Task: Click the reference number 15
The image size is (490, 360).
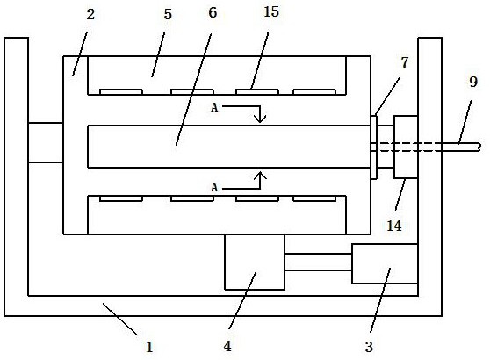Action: pyautogui.click(x=271, y=12)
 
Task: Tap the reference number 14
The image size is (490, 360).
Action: pyautogui.click(x=394, y=226)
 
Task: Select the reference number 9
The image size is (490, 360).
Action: pyautogui.click(x=473, y=82)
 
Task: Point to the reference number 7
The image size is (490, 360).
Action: pyautogui.click(x=405, y=62)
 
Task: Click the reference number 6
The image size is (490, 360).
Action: pyautogui.click(x=213, y=12)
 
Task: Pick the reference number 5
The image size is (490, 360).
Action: pyautogui.click(x=168, y=14)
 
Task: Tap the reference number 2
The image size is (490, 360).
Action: pyautogui.click(x=90, y=14)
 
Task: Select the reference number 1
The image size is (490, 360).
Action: pyautogui.click(x=149, y=347)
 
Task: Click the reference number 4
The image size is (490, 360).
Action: pyautogui.click(x=227, y=346)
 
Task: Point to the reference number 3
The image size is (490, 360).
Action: pyautogui.click(x=369, y=347)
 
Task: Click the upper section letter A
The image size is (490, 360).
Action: pyautogui.click(x=214, y=107)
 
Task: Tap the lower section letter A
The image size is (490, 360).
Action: pyautogui.click(x=214, y=188)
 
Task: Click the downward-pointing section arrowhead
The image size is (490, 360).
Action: pyautogui.click(x=260, y=119)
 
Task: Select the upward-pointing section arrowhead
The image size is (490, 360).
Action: pyautogui.click(x=260, y=176)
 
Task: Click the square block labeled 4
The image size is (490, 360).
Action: pyautogui.click(x=255, y=262)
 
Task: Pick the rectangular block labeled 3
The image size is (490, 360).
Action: pyautogui.click(x=385, y=263)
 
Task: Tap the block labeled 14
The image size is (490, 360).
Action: pyautogui.click(x=406, y=147)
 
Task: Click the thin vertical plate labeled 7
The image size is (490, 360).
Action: pyautogui.click(x=374, y=148)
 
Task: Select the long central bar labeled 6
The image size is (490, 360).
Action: pyautogui.click(x=229, y=147)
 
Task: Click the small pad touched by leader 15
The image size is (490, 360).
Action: pyautogui.click(x=257, y=92)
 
